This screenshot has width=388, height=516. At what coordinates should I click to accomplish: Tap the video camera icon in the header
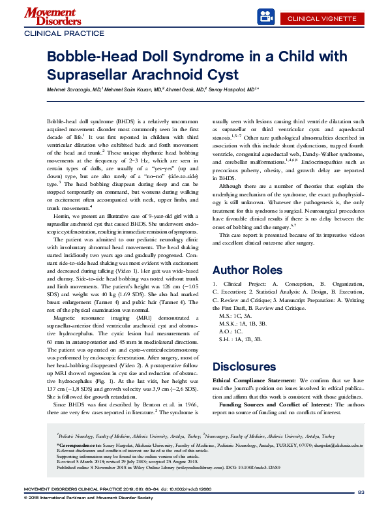[263, 15]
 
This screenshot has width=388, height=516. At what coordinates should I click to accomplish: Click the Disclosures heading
[243, 366]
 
